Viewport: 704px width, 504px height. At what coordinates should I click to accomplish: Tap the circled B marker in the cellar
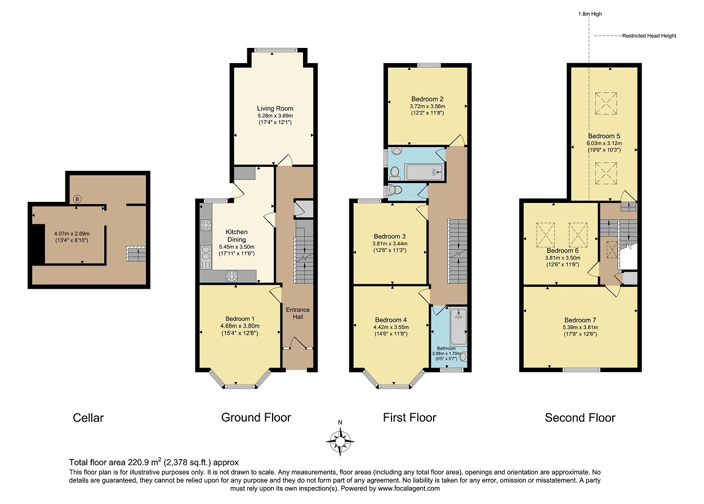pyautogui.click(x=78, y=198)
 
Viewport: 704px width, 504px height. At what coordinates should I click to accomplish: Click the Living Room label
pyautogui.click(x=275, y=109)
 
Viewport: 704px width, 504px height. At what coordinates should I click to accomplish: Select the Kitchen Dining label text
pyautogui.click(x=237, y=236)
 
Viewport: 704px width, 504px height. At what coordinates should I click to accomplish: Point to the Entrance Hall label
pyautogui.click(x=297, y=313)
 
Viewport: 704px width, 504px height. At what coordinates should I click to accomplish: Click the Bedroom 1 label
pyautogui.click(x=240, y=319)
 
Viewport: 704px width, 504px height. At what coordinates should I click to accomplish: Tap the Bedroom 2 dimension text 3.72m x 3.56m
pyautogui.click(x=427, y=106)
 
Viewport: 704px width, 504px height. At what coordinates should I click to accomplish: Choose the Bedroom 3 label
pyautogui.click(x=390, y=236)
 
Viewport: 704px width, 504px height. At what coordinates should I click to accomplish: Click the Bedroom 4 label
pyautogui.click(x=390, y=320)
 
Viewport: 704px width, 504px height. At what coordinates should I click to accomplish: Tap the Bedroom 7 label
pyautogui.click(x=580, y=320)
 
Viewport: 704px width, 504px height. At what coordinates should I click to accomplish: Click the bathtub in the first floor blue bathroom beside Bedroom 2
pyautogui.click(x=422, y=172)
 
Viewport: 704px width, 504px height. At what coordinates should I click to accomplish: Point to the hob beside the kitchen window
pyautogui.click(x=206, y=226)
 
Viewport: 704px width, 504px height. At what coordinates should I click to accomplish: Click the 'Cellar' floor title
pyautogui.click(x=88, y=418)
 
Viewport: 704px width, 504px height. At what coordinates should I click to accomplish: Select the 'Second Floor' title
pyautogui.click(x=580, y=418)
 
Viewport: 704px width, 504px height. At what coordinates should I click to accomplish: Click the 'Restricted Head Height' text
pyautogui.click(x=649, y=36)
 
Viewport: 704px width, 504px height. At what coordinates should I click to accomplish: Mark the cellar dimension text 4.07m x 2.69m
pyautogui.click(x=72, y=233)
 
